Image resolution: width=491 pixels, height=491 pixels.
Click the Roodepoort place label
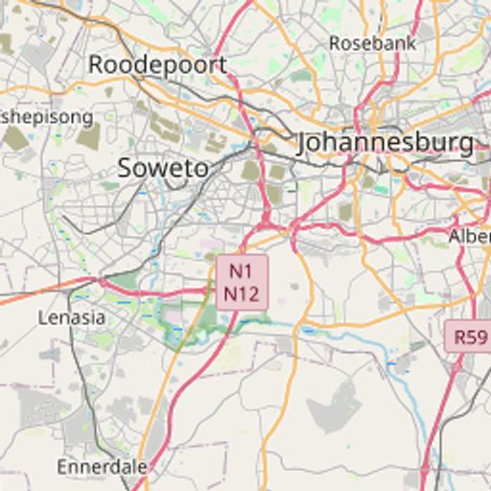click(158, 64)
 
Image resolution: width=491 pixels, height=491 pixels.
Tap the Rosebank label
click(373, 43)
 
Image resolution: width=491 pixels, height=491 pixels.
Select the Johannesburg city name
click(385, 143)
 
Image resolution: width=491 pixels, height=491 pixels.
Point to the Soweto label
click(163, 168)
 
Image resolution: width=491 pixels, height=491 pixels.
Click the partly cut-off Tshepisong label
click(47, 117)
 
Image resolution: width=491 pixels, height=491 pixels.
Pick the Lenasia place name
click(71, 316)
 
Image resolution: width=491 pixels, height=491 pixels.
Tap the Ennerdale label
click(103, 467)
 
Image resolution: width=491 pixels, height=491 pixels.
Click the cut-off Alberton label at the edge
click(470, 235)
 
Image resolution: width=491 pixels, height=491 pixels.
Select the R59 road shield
click(471, 337)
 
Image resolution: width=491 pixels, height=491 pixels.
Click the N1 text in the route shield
click(242, 272)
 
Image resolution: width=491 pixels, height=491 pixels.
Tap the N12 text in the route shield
click(242, 293)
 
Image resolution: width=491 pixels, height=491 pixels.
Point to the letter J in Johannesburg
click(305, 144)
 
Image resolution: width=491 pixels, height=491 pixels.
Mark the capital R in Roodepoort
click(96, 64)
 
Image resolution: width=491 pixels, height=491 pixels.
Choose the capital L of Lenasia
click(43, 316)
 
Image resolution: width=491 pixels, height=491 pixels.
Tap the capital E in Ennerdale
click(63, 467)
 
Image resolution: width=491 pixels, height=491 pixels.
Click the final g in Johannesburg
click(465, 146)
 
